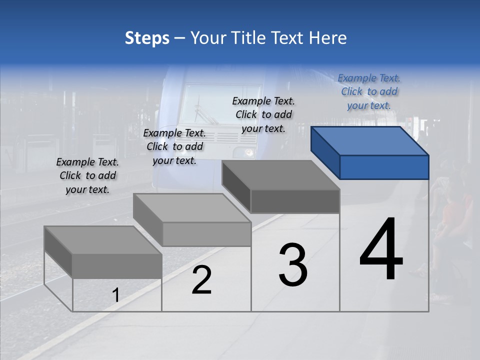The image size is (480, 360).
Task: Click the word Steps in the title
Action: click(147, 38)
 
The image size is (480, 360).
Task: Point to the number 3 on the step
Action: click(292, 265)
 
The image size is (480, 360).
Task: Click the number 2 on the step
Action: click(201, 280)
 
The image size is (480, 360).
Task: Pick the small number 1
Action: click(115, 295)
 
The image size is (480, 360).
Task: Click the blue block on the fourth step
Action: click(370, 152)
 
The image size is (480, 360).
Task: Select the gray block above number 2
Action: click(192, 220)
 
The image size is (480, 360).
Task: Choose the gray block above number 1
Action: click(103, 252)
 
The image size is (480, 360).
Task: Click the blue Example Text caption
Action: click(369, 91)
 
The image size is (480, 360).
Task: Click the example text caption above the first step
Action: click(87, 175)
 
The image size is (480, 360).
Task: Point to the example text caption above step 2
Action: click(174, 146)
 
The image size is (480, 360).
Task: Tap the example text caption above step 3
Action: click(263, 114)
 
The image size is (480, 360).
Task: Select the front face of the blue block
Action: click(384, 167)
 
